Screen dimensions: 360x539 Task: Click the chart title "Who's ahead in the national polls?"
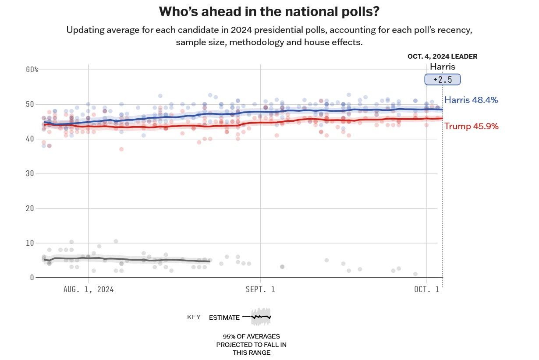[x=269, y=11]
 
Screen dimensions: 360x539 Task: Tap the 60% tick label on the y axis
[x=32, y=70]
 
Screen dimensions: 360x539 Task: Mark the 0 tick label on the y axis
[x=32, y=277]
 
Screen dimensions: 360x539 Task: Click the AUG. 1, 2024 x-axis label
[x=89, y=289]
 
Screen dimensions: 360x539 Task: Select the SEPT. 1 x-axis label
[x=260, y=289]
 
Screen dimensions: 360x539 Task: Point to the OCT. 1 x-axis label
[x=427, y=289]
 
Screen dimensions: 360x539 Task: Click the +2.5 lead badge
[x=442, y=80]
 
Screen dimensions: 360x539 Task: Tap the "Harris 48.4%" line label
[x=471, y=100]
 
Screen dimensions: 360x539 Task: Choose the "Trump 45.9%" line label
[x=471, y=126]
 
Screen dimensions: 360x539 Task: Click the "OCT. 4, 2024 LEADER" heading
[x=442, y=56]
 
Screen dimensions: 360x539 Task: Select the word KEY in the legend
[x=194, y=317]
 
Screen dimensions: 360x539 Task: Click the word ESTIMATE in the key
[x=224, y=317]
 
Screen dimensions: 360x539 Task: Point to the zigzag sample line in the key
[x=261, y=316]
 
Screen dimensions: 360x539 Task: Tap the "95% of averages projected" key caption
[x=251, y=344]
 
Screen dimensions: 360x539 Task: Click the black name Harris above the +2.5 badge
[x=442, y=67]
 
